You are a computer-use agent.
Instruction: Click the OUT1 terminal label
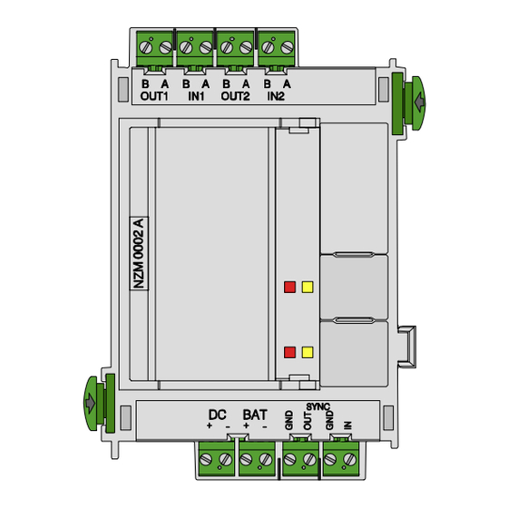[154, 96]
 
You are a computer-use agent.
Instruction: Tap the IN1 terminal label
[196, 96]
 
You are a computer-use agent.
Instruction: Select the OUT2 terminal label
[236, 96]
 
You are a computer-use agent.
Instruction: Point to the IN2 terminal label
[276, 96]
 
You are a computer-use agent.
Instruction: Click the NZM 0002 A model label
[139, 253]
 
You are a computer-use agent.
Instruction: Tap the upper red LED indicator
[289, 287]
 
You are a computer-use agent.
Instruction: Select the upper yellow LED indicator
[308, 287]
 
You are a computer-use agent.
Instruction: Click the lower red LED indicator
[289, 352]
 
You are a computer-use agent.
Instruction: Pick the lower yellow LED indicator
[308, 352]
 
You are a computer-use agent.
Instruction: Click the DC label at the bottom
[218, 415]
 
